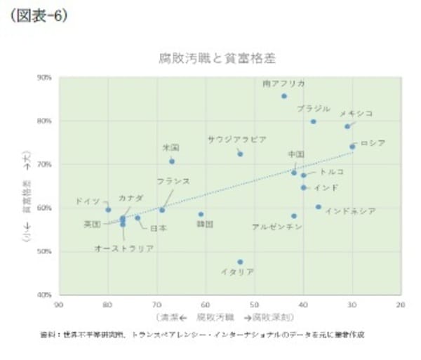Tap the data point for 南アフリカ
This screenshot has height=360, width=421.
click(284, 96)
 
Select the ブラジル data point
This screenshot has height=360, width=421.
click(314, 121)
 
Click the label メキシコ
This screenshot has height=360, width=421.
click(356, 113)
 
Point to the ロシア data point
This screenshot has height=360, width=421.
click(352, 147)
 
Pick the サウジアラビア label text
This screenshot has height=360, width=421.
click(237, 139)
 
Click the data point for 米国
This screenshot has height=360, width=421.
click(172, 161)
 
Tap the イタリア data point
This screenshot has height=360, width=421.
click(241, 262)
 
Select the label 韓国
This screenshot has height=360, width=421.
click(205, 225)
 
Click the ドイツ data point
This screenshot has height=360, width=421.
click(108, 210)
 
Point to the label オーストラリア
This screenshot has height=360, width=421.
click(124, 248)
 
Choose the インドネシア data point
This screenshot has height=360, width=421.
click(319, 207)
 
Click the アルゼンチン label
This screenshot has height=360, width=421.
click(276, 227)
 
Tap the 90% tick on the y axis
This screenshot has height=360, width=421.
click(44, 78)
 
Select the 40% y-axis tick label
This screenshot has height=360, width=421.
click(44, 295)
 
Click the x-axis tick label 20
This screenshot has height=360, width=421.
click(401, 305)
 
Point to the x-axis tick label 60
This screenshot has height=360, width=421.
click(206, 305)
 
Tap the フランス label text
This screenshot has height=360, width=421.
click(173, 181)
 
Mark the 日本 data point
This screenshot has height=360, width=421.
click(138, 218)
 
